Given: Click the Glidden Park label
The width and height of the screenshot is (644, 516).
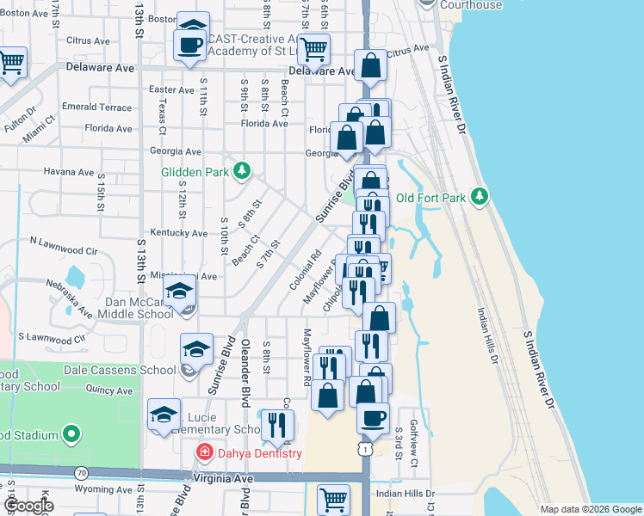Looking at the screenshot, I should [x=195, y=171].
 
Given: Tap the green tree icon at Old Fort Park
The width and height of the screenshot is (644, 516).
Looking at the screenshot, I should [x=481, y=198].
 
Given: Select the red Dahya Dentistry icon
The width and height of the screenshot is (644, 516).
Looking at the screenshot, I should [x=205, y=452].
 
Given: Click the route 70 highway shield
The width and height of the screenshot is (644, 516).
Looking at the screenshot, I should [x=82, y=472].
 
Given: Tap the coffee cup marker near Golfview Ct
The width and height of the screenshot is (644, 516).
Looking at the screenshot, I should [x=373, y=417].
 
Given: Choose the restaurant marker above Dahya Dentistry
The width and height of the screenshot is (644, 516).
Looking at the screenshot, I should [x=277, y=424].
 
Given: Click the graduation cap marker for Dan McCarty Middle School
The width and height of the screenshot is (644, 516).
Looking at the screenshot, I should [x=180, y=292].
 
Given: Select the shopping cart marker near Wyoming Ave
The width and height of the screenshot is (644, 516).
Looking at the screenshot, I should [x=333, y=498].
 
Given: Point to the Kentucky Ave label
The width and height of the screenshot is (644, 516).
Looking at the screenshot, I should [x=178, y=233].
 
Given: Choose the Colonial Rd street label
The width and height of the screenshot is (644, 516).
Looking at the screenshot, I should [x=307, y=269].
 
